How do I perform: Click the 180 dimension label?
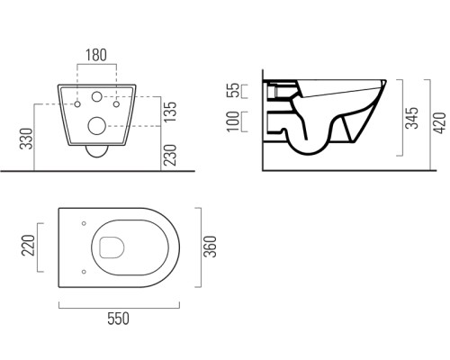[x=96, y=55]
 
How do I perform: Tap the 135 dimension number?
[x=170, y=112]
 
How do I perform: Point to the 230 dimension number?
[x=170, y=155]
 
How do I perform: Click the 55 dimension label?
[x=234, y=90]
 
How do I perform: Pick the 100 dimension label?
[x=233, y=121]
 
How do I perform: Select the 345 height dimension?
[x=411, y=118]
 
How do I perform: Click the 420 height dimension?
[x=440, y=123]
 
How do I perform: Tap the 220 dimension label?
[x=28, y=246]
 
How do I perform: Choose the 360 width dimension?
[x=210, y=247]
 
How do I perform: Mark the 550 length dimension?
[x=119, y=319]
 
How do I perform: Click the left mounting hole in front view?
[x=77, y=104]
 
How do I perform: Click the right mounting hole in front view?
[x=116, y=104]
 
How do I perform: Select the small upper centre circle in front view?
[x=96, y=96]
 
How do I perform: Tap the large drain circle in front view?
[x=96, y=125]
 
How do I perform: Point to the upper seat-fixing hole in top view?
[x=84, y=223]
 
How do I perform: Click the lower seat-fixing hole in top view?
[x=84, y=272]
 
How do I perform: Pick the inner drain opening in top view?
[x=112, y=247]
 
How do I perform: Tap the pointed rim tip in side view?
[x=385, y=81]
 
